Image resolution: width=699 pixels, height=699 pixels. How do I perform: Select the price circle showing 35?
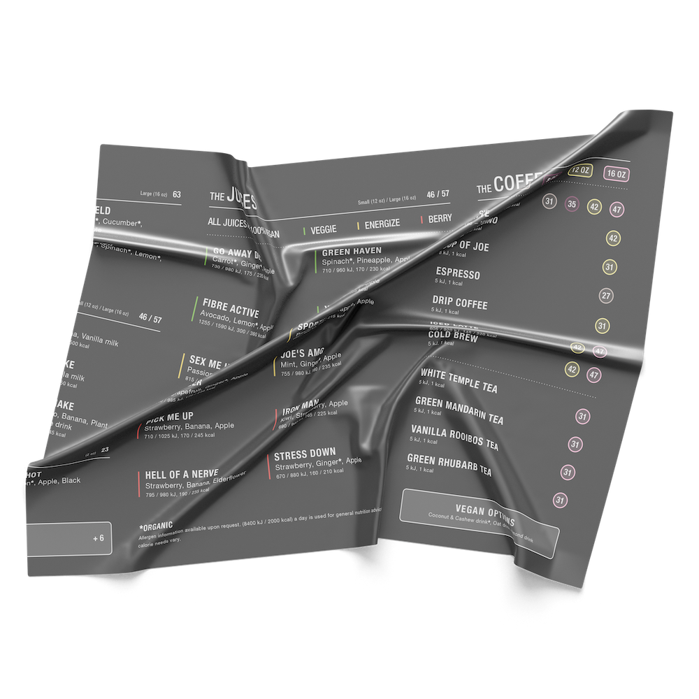click(x=572, y=204)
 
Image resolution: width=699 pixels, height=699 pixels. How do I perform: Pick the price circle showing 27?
click(x=606, y=296)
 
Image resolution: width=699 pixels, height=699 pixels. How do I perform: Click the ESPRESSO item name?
click(x=458, y=273)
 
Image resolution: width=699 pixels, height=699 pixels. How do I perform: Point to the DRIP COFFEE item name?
click(x=459, y=303)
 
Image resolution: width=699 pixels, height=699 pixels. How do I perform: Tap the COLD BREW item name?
click(x=453, y=338)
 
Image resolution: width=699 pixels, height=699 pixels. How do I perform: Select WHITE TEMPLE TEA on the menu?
click(x=459, y=381)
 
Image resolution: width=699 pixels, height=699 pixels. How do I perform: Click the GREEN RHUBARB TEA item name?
click(x=449, y=466)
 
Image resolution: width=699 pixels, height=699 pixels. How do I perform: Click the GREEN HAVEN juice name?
click(x=351, y=250)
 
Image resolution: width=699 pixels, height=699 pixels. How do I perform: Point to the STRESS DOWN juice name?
click(x=305, y=453)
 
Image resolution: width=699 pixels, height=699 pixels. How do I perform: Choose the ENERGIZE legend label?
click(x=381, y=224)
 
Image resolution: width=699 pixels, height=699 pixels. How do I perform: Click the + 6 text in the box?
click(x=97, y=538)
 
